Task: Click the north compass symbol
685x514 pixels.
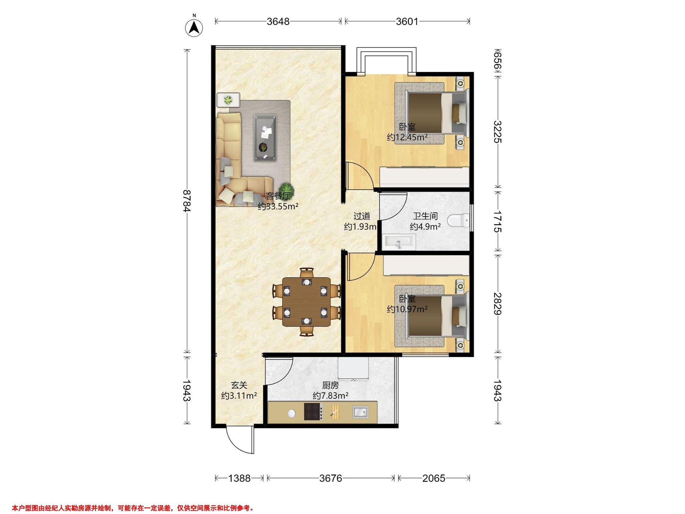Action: click(x=194, y=28)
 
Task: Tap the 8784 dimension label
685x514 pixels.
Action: click(x=187, y=201)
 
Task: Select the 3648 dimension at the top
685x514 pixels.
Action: click(x=278, y=21)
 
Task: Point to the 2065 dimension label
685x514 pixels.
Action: click(x=434, y=478)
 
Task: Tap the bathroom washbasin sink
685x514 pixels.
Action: click(x=398, y=242)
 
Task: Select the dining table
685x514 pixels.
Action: click(x=306, y=302)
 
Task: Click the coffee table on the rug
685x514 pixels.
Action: click(x=265, y=138)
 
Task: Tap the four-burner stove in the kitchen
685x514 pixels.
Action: click(x=313, y=411)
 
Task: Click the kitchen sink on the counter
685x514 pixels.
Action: click(x=360, y=412)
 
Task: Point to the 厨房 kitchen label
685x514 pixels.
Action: click(x=331, y=385)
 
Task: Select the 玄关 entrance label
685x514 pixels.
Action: click(x=239, y=385)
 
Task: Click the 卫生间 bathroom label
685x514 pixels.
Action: click(x=425, y=216)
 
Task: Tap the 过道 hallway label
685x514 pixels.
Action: click(x=362, y=216)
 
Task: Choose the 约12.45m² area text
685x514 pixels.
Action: click(x=407, y=137)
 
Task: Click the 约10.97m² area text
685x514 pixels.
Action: click(x=407, y=309)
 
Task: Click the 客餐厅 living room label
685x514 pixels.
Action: click(x=278, y=196)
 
